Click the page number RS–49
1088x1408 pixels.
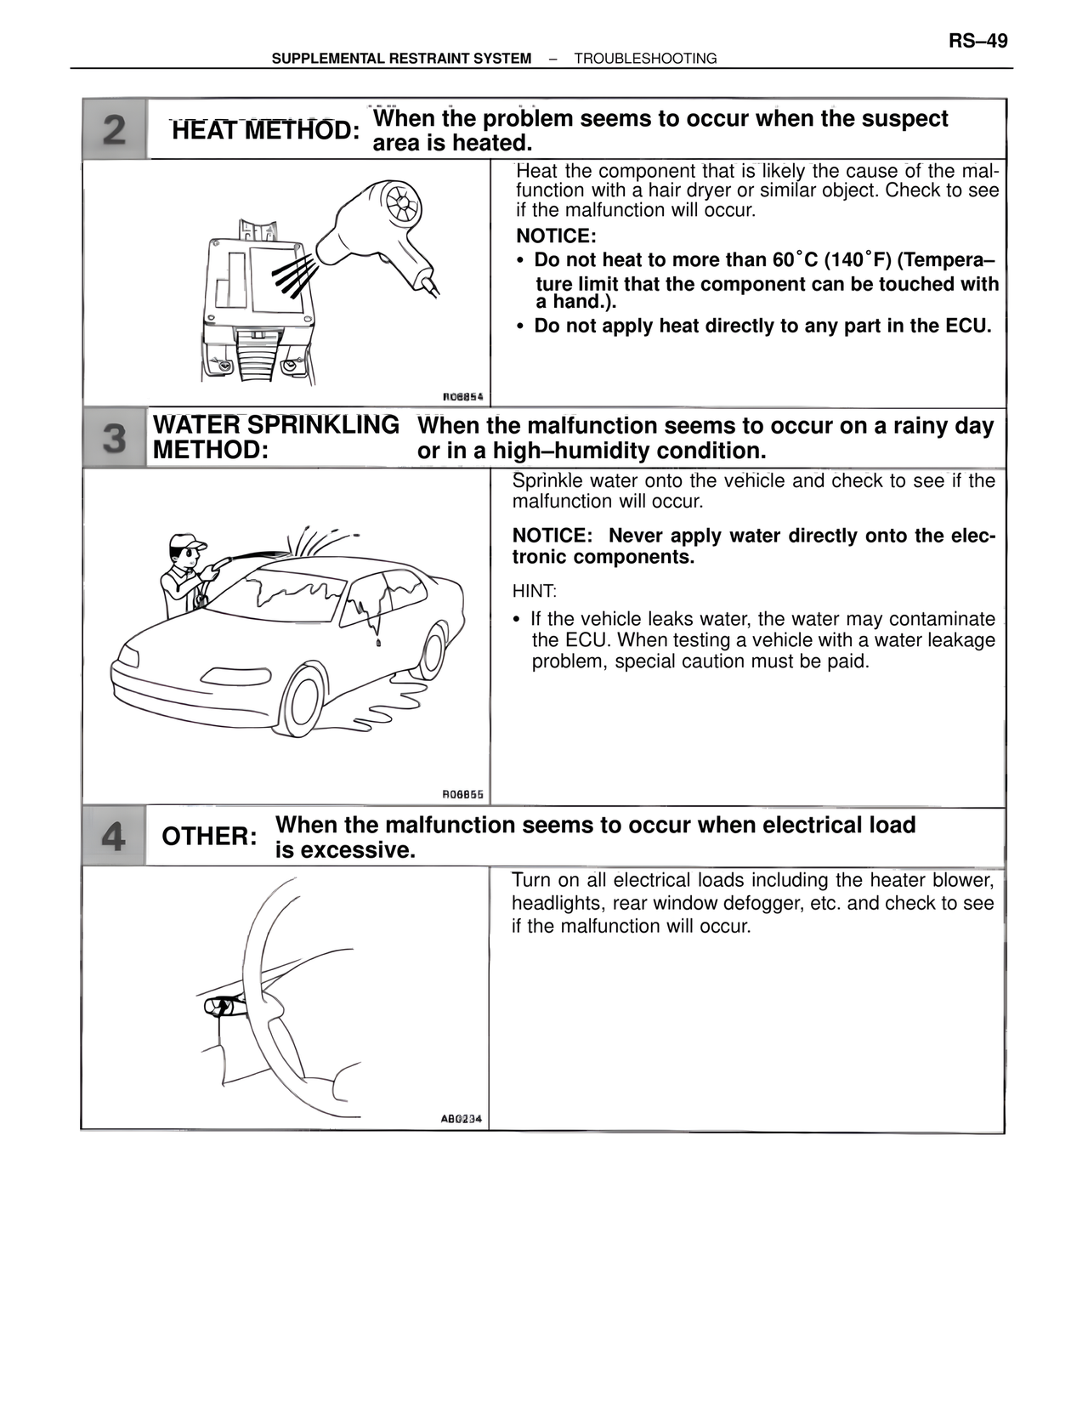(x=977, y=41)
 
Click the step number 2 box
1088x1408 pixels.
(x=115, y=130)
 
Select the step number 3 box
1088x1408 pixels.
(x=115, y=439)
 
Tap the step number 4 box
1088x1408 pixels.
(x=113, y=837)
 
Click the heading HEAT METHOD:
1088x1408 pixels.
(x=265, y=131)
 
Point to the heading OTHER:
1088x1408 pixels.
(x=209, y=837)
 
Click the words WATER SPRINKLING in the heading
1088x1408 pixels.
(x=275, y=425)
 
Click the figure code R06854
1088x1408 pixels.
(x=462, y=396)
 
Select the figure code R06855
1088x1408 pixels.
(x=462, y=795)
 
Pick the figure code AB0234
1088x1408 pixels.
(x=461, y=1119)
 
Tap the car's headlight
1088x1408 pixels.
(x=129, y=657)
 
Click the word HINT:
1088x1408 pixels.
(x=534, y=591)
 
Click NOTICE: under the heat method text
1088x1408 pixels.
(x=556, y=236)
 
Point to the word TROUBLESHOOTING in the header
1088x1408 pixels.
(x=645, y=59)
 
